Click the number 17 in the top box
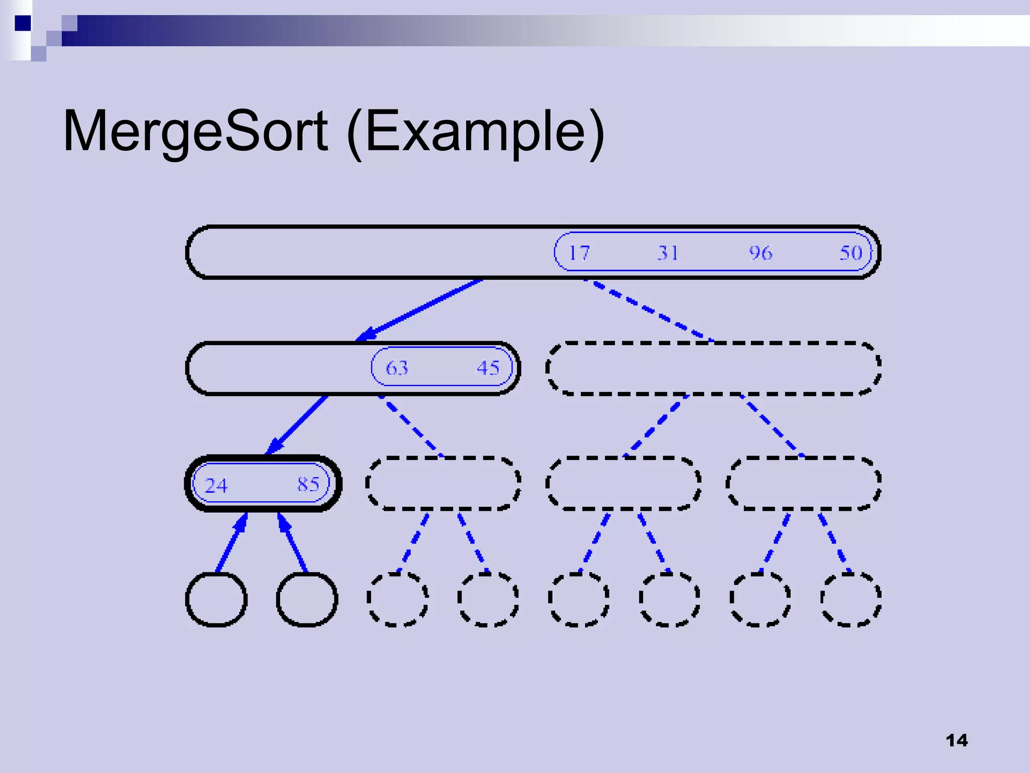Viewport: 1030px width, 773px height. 578,253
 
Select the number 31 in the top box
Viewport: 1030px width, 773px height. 668,253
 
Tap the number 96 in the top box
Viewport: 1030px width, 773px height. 760,253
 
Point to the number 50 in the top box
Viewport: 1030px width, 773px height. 851,253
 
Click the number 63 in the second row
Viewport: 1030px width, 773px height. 397,368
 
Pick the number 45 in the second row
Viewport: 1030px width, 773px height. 488,368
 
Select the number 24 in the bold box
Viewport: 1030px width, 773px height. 216,486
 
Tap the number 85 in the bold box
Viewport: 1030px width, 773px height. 308,484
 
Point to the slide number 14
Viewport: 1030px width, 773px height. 956,740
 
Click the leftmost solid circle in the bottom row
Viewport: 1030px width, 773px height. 216,599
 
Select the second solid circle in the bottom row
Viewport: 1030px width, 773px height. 307,599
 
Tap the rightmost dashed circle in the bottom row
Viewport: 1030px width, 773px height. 851,599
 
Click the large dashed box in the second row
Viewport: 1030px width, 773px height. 713,368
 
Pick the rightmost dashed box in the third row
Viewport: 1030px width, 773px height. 803,484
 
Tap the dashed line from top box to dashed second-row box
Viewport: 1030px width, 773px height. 649,310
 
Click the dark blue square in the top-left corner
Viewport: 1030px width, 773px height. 23,23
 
